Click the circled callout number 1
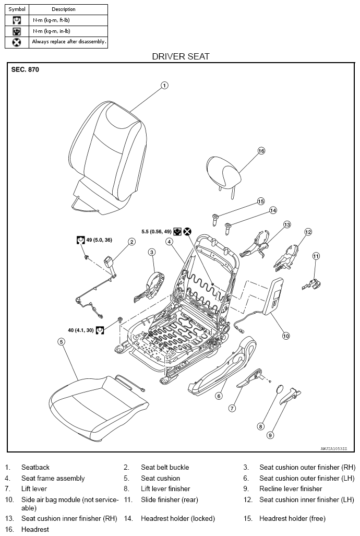click(164, 85)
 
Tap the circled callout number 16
click(261, 151)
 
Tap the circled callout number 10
click(286, 336)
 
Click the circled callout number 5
click(61, 342)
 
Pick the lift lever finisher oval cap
click(279, 390)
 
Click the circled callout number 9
click(270, 435)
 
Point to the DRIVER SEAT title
click(181, 56)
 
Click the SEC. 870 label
click(25, 70)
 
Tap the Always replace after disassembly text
click(69, 42)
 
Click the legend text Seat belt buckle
click(165, 467)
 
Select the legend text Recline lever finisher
click(291, 489)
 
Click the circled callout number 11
click(316, 256)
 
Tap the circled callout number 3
click(152, 252)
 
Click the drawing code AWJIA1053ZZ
click(334, 448)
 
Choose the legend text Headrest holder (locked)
click(178, 519)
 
